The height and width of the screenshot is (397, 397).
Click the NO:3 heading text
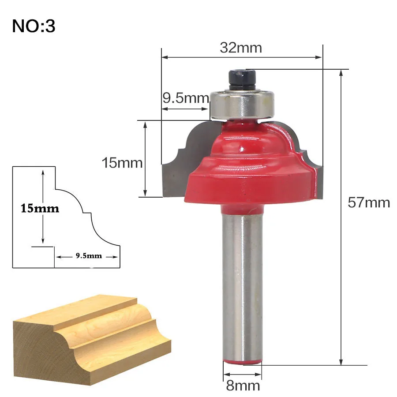(x=34, y=26)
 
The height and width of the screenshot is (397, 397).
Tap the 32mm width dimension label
(x=241, y=48)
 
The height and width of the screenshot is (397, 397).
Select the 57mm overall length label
(x=369, y=202)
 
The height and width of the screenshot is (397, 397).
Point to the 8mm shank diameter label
(x=243, y=386)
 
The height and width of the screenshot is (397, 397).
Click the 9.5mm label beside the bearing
(x=186, y=98)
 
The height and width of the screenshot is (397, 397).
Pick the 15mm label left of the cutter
(x=122, y=162)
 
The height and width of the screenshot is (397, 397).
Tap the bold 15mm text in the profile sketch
(x=40, y=208)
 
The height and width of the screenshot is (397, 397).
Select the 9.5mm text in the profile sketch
(x=89, y=256)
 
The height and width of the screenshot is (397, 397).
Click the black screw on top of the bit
(x=242, y=79)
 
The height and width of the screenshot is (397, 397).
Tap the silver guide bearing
(x=242, y=104)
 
